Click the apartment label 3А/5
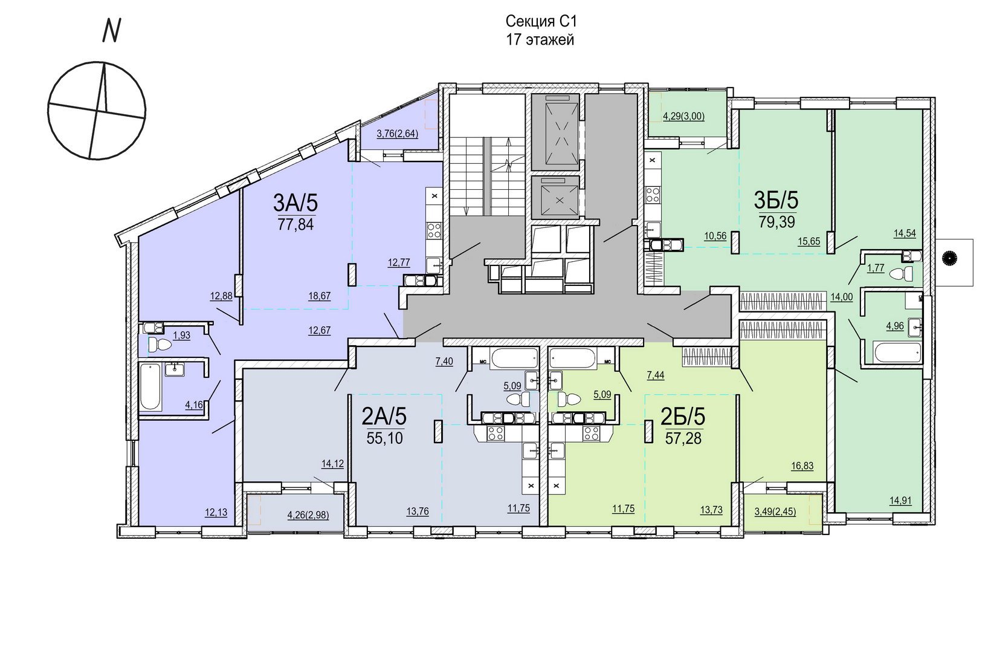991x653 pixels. (295, 204)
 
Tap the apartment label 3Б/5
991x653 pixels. (776, 200)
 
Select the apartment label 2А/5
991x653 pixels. (384, 416)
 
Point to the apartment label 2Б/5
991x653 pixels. (683, 416)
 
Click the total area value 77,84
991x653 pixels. (295, 224)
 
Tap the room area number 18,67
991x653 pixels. (320, 296)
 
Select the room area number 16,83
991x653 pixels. (802, 466)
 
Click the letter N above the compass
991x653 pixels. (111, 31)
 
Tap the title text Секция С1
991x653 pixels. (541, 21)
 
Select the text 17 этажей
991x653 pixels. (540, 40)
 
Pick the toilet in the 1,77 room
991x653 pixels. (901, 274)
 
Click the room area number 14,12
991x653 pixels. (332, 464)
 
